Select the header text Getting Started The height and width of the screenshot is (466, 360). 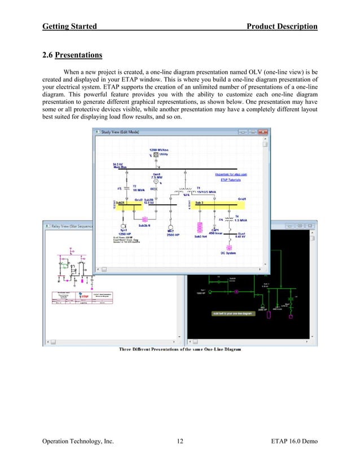click(69, 27)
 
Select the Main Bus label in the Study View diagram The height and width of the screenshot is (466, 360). click(121, 165)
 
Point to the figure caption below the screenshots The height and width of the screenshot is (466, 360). click(179, 350)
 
